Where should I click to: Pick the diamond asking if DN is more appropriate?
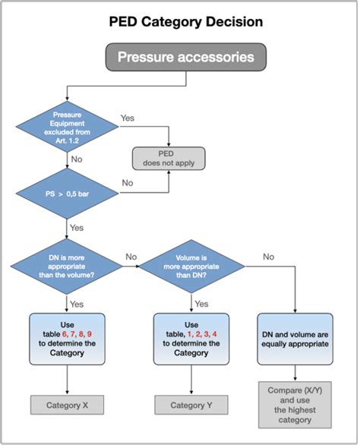pos(67,266)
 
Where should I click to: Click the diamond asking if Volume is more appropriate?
pos(191,266)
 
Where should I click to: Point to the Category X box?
pos(67,404)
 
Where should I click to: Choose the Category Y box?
pos(191,404)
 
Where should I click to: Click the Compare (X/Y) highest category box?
pos(295,404)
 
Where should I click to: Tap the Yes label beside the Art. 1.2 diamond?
pos(128,119)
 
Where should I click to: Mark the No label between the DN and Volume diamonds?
pos(131,257)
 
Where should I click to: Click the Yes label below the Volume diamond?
pos(201,303)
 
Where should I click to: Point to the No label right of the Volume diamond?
pos(268,257)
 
